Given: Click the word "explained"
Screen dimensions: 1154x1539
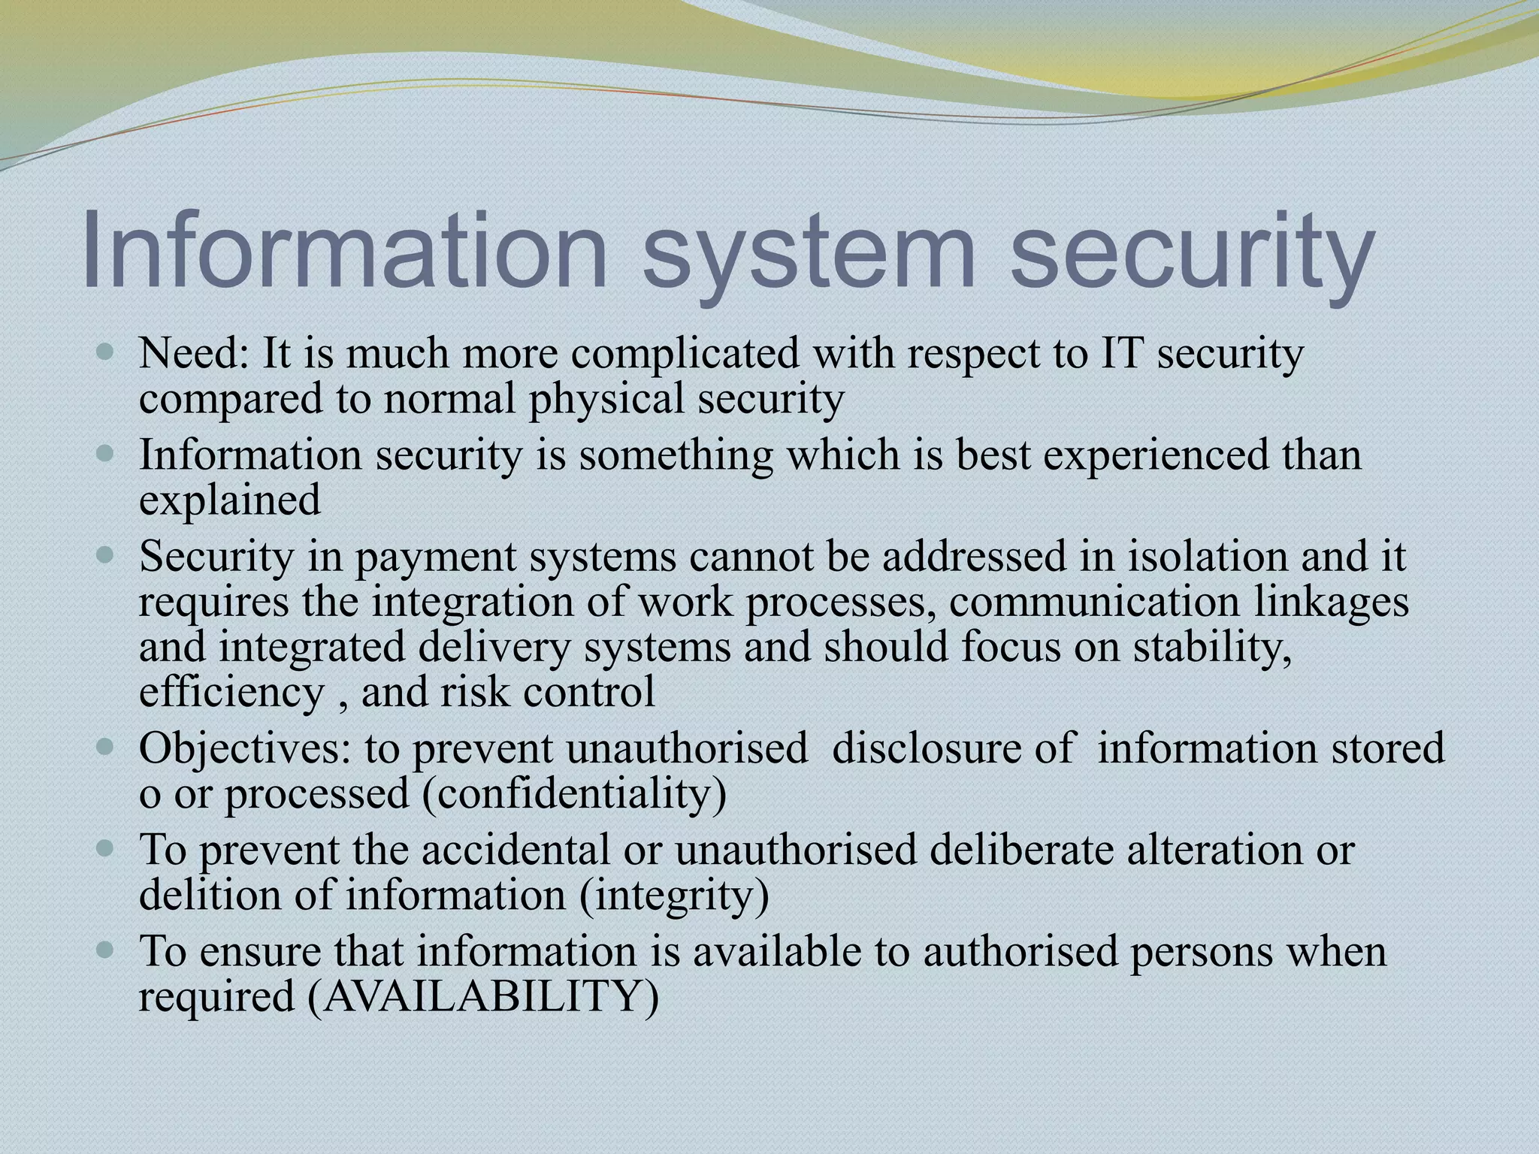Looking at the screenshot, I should pyautogui.click(x=230, y=500).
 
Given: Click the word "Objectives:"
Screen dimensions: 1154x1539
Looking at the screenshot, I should pyautogui.click(x=245, y=749).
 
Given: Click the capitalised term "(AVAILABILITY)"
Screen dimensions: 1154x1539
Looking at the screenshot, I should pyautogui.click(x=483, y=997).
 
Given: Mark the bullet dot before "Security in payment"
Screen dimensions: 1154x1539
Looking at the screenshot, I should pyautogui.click(x=106, y=557).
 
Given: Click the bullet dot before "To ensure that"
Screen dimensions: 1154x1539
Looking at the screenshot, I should pyautogui.click(x=106, y=950).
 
